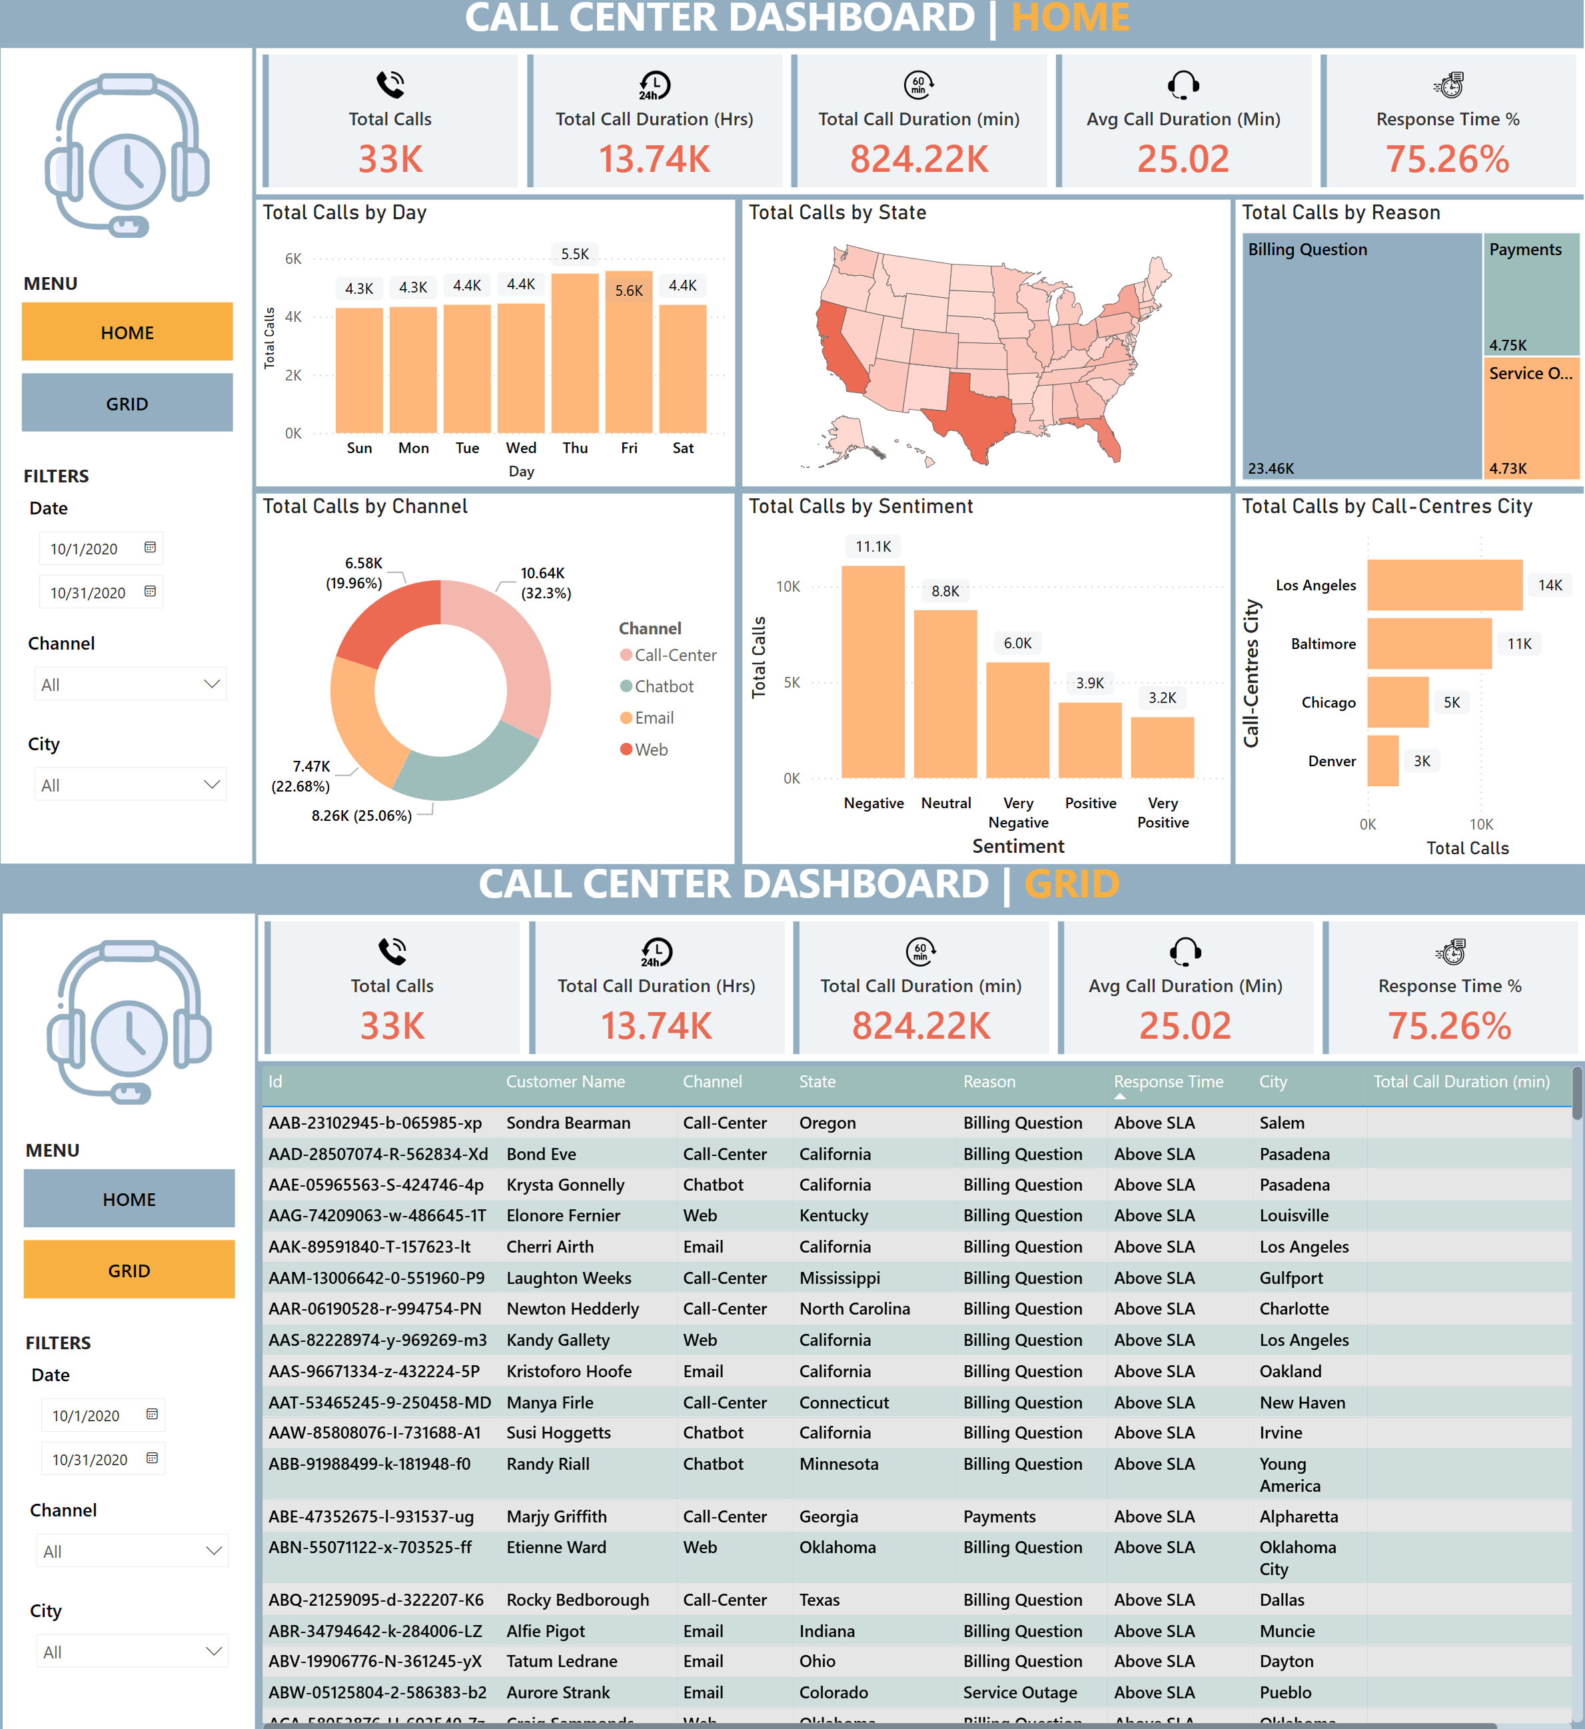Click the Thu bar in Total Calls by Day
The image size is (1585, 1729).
pos(575,353)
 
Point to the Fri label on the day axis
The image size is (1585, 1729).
pos(629,448)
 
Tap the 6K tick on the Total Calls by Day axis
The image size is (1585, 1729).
pos(293,259)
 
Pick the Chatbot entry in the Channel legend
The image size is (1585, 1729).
pos(664,686)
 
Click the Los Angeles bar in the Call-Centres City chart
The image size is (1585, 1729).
pos(1444,585)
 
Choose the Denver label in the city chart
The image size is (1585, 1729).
pos(1331,761)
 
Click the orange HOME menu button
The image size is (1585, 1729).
pos(127,332)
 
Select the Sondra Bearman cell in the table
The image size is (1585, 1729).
pos(568,1123)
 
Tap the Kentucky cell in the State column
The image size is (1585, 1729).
pos(833,1215)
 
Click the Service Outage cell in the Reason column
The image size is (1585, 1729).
pos(1020,1692)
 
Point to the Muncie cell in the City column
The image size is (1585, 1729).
pos(1287,1631)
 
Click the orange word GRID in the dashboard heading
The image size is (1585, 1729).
pos(1071,884)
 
